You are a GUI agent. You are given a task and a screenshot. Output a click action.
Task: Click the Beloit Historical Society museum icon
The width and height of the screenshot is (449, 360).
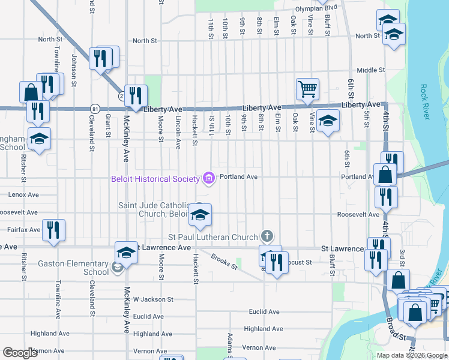coord(209,178)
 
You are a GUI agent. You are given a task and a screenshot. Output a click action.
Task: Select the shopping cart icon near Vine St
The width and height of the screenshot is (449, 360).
coord(307,89)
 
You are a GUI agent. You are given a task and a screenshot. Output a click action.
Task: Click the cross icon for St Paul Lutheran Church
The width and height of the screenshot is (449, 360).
coord(267,237)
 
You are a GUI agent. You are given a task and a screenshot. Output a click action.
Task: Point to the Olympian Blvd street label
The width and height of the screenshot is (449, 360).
coord(316,8)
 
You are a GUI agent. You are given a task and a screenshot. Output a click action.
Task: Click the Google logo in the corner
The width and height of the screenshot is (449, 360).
coord(20,353)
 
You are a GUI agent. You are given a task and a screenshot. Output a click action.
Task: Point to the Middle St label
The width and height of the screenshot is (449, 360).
coord(370,70)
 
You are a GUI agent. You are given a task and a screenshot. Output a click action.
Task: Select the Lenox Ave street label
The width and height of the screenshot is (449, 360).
coord(23,194)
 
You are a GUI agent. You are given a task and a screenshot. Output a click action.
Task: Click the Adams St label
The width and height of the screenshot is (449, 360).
coord(229,343)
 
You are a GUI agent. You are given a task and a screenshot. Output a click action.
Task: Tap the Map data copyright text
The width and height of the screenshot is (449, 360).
coord(411,355)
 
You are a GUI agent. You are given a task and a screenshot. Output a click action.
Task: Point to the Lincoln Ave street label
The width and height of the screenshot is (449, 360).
coord(178,132)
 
